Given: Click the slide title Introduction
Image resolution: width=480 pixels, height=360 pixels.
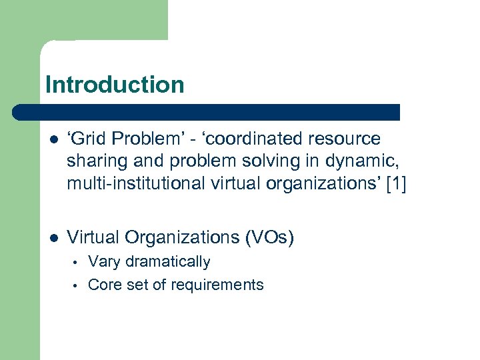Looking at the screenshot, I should tap(115, 85).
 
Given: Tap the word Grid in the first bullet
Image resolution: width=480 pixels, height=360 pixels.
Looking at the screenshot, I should tap(90, 139).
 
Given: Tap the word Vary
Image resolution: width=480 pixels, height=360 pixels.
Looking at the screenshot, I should tap(103, 261).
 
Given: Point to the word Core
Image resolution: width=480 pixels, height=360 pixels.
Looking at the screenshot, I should tap(104, 285).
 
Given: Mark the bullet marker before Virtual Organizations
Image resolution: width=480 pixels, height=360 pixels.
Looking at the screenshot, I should tap(54, 237).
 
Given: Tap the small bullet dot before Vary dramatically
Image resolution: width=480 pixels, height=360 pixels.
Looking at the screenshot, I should tap(77, 263).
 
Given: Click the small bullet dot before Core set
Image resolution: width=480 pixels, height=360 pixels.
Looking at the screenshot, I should tap(77, 286).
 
